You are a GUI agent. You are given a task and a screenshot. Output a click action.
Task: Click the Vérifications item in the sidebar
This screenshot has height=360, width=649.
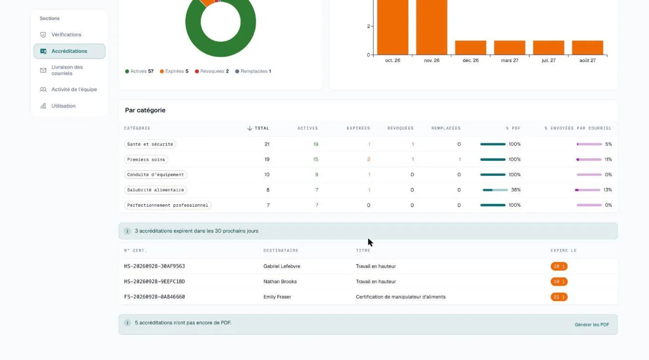tap(66, 34)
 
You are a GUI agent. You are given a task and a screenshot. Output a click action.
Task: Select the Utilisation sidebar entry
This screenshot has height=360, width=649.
tap(63, 106)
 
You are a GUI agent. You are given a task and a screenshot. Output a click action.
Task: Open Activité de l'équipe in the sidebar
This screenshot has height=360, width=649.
tap(74, 89)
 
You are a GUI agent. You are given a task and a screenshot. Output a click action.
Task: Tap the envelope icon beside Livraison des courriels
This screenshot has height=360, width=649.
tap(43, 70)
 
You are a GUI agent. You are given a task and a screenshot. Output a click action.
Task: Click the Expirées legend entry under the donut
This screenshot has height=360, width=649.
tap(174, 71)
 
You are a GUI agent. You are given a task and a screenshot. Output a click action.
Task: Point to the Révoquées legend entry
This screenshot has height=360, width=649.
tap(212, 71)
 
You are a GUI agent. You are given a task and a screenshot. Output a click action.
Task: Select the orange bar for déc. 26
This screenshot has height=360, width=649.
tap(470, 48)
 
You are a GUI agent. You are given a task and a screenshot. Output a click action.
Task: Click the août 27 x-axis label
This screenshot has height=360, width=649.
tap(588, 60)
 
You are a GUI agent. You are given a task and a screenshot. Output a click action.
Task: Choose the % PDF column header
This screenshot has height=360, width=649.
tap(513, 128)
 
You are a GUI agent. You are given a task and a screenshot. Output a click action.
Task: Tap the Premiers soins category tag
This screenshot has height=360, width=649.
tap(146, 160)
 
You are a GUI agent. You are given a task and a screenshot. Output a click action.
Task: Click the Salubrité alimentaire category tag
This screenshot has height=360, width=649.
tap(156, 190)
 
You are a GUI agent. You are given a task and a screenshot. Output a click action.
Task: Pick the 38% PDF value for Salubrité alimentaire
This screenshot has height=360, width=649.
tap(516, 190)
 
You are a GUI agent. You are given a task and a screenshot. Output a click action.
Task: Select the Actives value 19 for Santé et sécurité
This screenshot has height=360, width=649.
tap(316, 144)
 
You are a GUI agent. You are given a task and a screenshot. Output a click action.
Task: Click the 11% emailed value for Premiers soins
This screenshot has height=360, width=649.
tap(608, 160)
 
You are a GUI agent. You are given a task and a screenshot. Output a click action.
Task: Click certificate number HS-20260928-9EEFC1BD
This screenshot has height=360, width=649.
tap(154, 281)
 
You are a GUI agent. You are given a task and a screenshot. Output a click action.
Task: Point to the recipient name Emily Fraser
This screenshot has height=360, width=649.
tap(277, 297)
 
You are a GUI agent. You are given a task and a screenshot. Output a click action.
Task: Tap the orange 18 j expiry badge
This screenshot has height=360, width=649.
tap(559, 266)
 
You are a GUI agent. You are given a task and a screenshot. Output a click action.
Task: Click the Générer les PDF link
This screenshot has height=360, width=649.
tap(592, 325)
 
